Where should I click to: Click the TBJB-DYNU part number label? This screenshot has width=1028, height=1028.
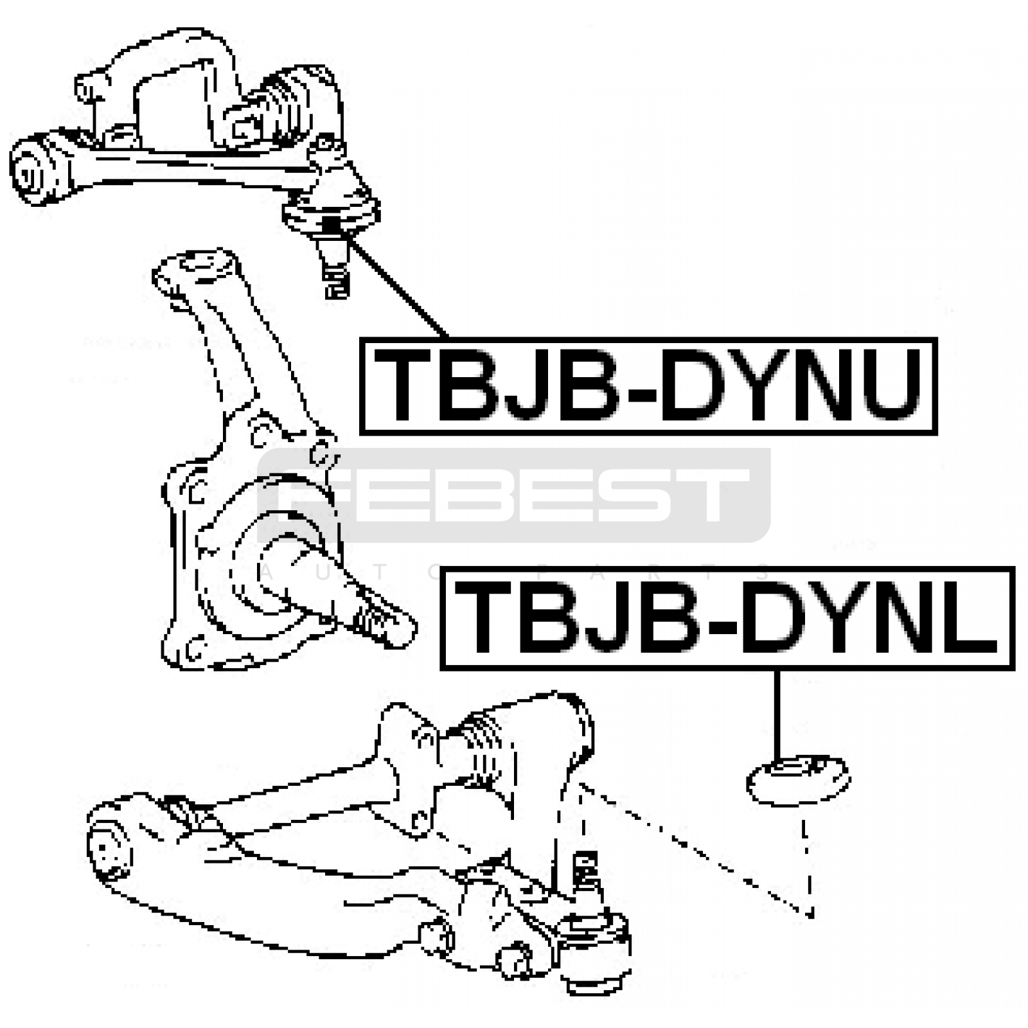648,386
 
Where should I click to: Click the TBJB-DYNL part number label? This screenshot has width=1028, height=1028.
727,618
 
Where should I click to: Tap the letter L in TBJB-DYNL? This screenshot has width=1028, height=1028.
969,618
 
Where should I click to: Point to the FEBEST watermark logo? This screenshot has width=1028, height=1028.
514,495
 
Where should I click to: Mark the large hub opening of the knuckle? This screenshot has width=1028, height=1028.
276,565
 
